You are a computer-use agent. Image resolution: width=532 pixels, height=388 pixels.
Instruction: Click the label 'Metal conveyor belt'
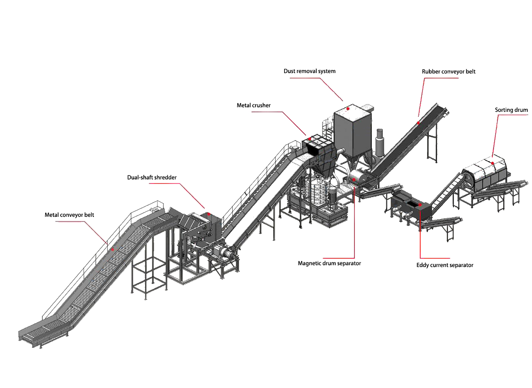point(69,215)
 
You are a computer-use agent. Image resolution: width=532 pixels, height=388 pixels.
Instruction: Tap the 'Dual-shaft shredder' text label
point(151,177)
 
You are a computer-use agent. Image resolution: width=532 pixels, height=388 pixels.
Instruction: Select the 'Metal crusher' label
point(254,105)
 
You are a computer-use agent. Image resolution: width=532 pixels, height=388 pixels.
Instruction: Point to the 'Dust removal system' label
point(309,71)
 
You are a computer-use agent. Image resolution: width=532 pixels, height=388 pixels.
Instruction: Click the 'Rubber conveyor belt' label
point(449,71)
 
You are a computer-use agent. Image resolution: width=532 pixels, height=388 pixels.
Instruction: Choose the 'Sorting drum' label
point(511,110)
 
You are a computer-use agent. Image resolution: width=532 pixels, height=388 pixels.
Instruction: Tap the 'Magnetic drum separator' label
point(329,263)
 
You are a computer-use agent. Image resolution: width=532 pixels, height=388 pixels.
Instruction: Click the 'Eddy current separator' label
point(445,265)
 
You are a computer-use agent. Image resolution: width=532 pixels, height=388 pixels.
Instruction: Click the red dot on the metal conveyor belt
point(112,250)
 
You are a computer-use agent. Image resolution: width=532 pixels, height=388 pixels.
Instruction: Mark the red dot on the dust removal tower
point(348,109)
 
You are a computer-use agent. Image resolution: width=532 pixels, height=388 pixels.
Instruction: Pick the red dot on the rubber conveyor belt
point(418,123)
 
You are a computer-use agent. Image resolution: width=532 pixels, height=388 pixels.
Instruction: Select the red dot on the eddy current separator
point(420,205)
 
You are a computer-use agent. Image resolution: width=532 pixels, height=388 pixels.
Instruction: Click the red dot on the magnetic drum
point(354,179)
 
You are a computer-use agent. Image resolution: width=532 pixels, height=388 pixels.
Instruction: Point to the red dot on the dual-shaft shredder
point(208,214)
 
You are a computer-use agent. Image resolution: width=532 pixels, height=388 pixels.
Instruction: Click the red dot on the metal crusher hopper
point(310,139)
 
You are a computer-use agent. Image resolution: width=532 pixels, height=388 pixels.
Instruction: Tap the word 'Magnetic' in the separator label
point(309,263)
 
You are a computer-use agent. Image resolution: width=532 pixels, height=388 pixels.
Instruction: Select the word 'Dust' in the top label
point(290,71)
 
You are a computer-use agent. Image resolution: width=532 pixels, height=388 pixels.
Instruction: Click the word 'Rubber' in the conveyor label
point(431,71)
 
